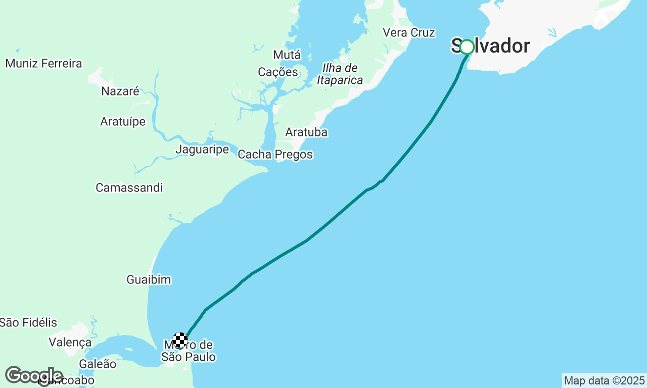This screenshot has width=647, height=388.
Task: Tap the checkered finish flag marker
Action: coord(180,341)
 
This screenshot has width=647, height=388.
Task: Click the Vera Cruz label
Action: coord(409,32)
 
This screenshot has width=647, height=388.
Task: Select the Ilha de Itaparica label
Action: coord(340,74)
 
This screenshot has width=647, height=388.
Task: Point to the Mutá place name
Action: coord(287,55)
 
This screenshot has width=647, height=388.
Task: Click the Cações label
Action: coord(278,72)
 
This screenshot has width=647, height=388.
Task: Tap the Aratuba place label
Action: coord(306,132)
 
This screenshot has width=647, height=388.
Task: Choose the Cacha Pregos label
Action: coord(275,155)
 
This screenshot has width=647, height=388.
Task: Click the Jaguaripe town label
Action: coord(202,150)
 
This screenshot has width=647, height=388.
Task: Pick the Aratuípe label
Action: coord(123,122)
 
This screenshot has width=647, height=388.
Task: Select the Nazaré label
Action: coord(120,91)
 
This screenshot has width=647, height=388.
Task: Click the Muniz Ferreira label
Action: coord(43,64)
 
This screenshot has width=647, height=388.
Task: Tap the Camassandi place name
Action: coord(129,188)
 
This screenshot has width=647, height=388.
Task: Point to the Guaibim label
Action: coord(149,280)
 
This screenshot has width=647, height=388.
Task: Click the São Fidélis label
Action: coord(28,322)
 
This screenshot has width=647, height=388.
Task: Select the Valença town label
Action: coord(70,343)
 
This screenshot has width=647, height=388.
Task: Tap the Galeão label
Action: coord(98,364)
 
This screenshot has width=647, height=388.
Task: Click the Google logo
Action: coord(33,375)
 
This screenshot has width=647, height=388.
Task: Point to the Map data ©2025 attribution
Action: coord(604,380)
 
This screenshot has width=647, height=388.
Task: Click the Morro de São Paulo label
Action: coord(189,352)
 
